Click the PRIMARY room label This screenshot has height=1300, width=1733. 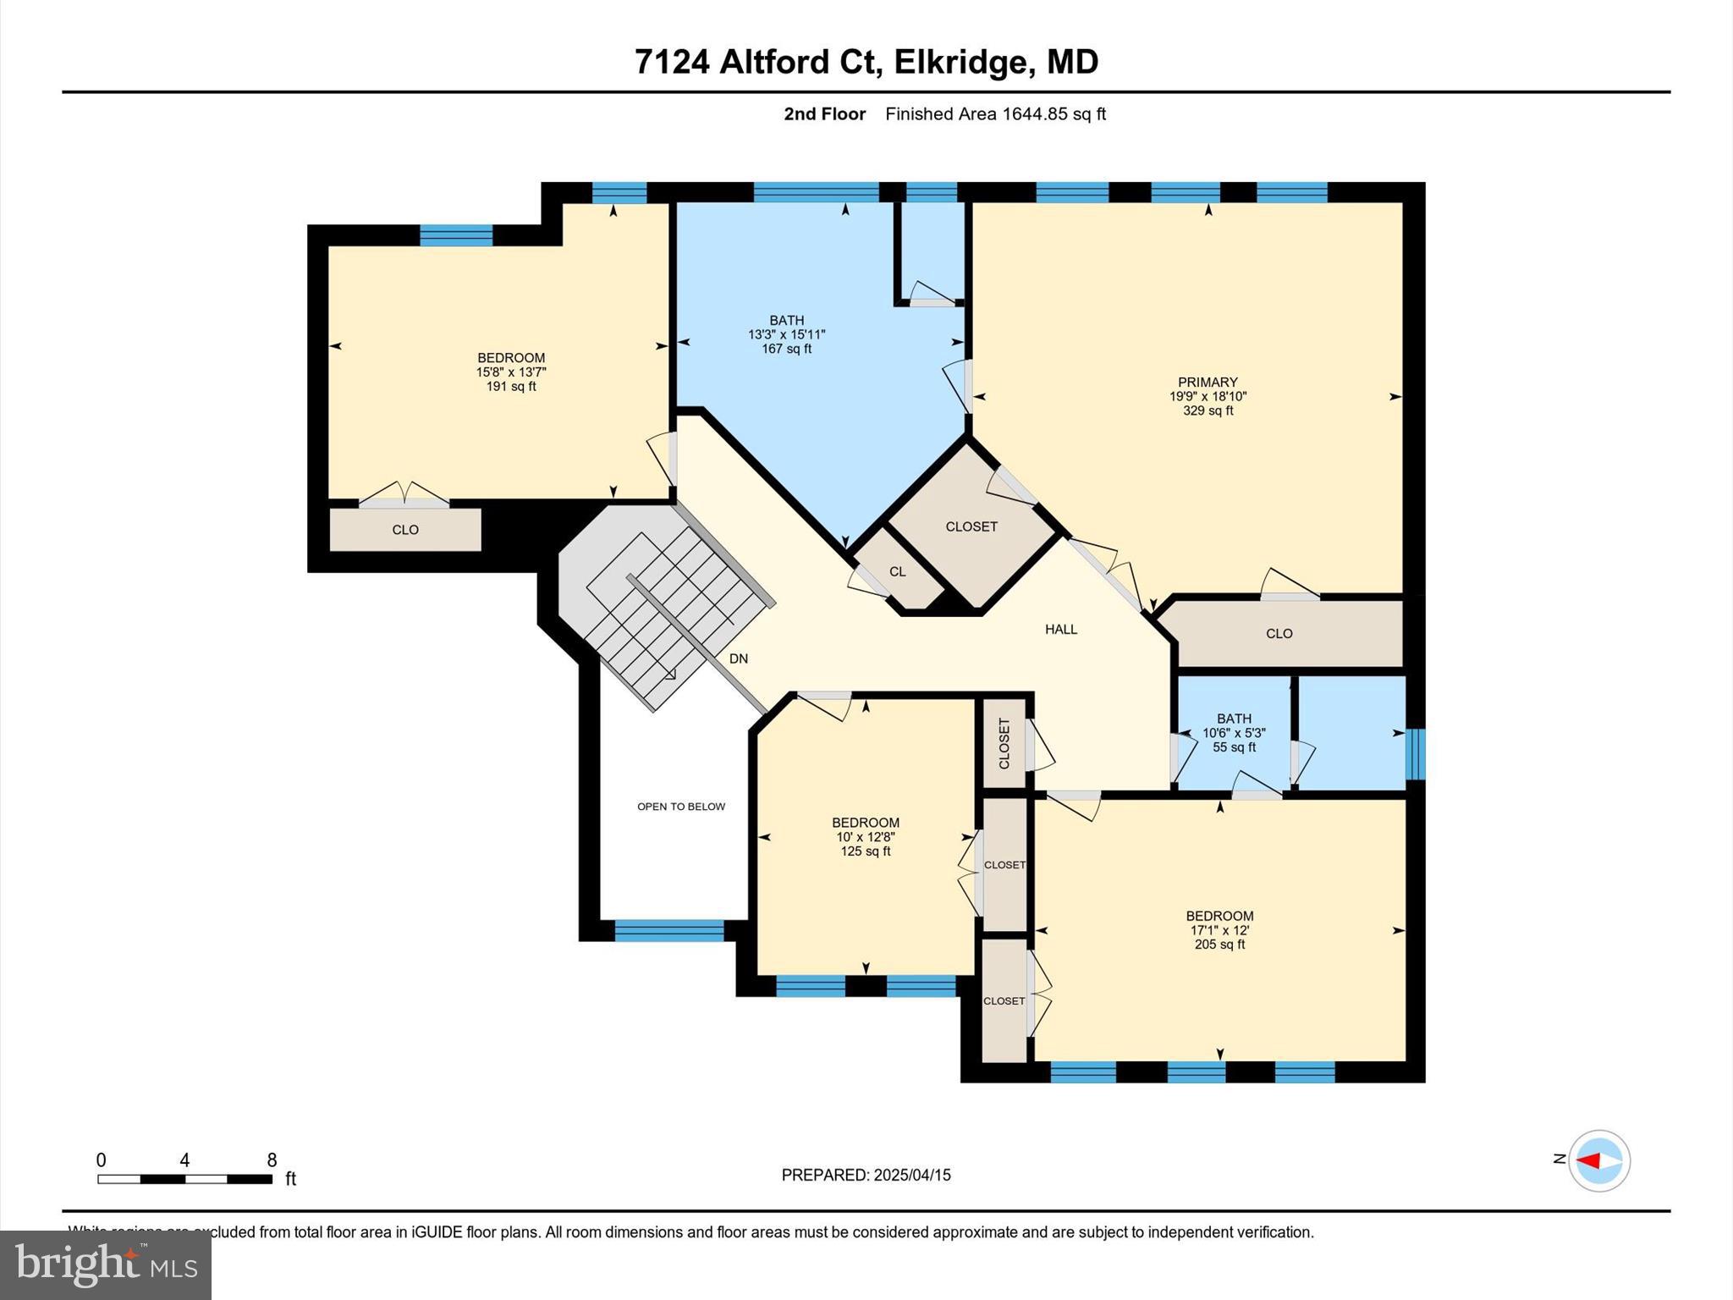[1208, 382]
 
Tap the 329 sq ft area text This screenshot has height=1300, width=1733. [1208, 410]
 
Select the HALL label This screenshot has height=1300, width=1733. [1060, 629]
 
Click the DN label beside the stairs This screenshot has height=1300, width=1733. [738, 658]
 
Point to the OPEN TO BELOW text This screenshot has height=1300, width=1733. [680, 807]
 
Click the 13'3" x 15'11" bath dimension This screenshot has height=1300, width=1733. [786, 334]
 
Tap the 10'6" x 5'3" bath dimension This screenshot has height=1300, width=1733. [1234, 733]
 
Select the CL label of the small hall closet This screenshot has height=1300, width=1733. [897, 571]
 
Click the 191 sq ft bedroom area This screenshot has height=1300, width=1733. [510, 387]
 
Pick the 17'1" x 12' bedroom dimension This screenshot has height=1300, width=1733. [1219, 930]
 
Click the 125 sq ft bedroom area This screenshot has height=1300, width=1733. [865, 851]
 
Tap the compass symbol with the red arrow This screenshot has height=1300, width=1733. [1598, 1160]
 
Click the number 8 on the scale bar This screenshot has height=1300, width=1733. [272, 1160]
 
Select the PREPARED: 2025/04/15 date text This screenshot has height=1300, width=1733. [866, 1175]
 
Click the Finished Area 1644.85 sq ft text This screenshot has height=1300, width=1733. [995, 114]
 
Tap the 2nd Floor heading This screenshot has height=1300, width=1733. [824, 114]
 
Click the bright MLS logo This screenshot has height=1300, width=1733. [106, 1264]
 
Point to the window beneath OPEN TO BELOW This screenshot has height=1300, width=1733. [668, 931]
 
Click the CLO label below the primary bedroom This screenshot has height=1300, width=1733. [1279, 633]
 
